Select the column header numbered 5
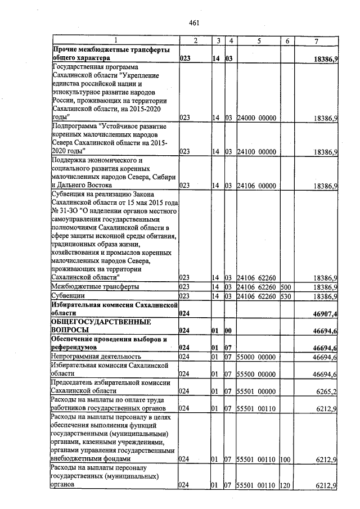coord(259,40)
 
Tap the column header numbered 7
coord(316,40)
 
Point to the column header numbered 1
coord(115,40)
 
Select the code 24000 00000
coord(256,118)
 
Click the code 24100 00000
coord(256,152)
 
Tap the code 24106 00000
coord(256,185)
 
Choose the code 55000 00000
coord(256,357)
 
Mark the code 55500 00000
coord(256,373)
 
